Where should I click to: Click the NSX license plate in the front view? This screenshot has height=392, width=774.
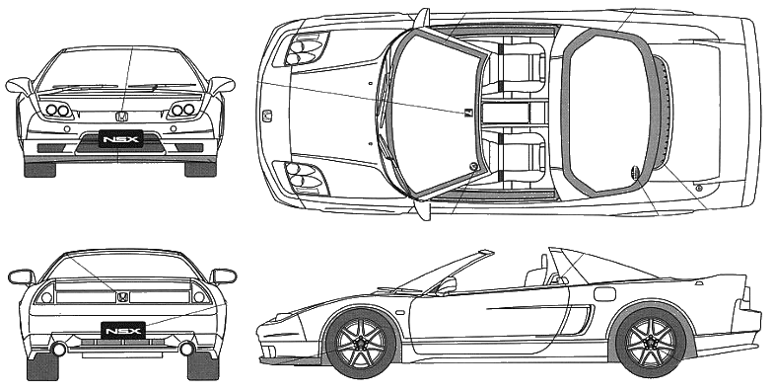coord(121,139)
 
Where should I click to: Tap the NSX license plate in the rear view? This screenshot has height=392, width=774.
coord(123,330)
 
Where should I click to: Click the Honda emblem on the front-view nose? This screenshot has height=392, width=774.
coord(121,118)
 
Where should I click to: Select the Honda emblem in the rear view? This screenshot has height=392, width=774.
coord(122,297)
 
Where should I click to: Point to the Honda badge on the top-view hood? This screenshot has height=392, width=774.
coord(267,117)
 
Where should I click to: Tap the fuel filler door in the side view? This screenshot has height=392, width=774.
coord(604,293)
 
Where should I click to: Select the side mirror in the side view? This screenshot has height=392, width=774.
coord(447,285)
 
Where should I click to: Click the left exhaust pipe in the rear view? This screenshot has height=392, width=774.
coord(59,349)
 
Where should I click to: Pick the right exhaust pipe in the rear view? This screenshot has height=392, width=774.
coord(186,349)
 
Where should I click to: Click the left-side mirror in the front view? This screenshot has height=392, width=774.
coord(20,86)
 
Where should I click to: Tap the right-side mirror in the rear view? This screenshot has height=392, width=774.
coord(224,275)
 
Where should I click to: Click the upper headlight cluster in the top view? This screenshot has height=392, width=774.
coord(307,49)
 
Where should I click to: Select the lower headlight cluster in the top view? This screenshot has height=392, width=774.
coord(307,178)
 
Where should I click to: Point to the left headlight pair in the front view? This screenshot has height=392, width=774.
coord(58,110)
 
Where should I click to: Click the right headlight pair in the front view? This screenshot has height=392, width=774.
coord(182,110)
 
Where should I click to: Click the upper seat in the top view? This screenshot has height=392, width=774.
coord(519,68)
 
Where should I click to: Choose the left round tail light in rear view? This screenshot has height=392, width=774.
coord(47,297)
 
